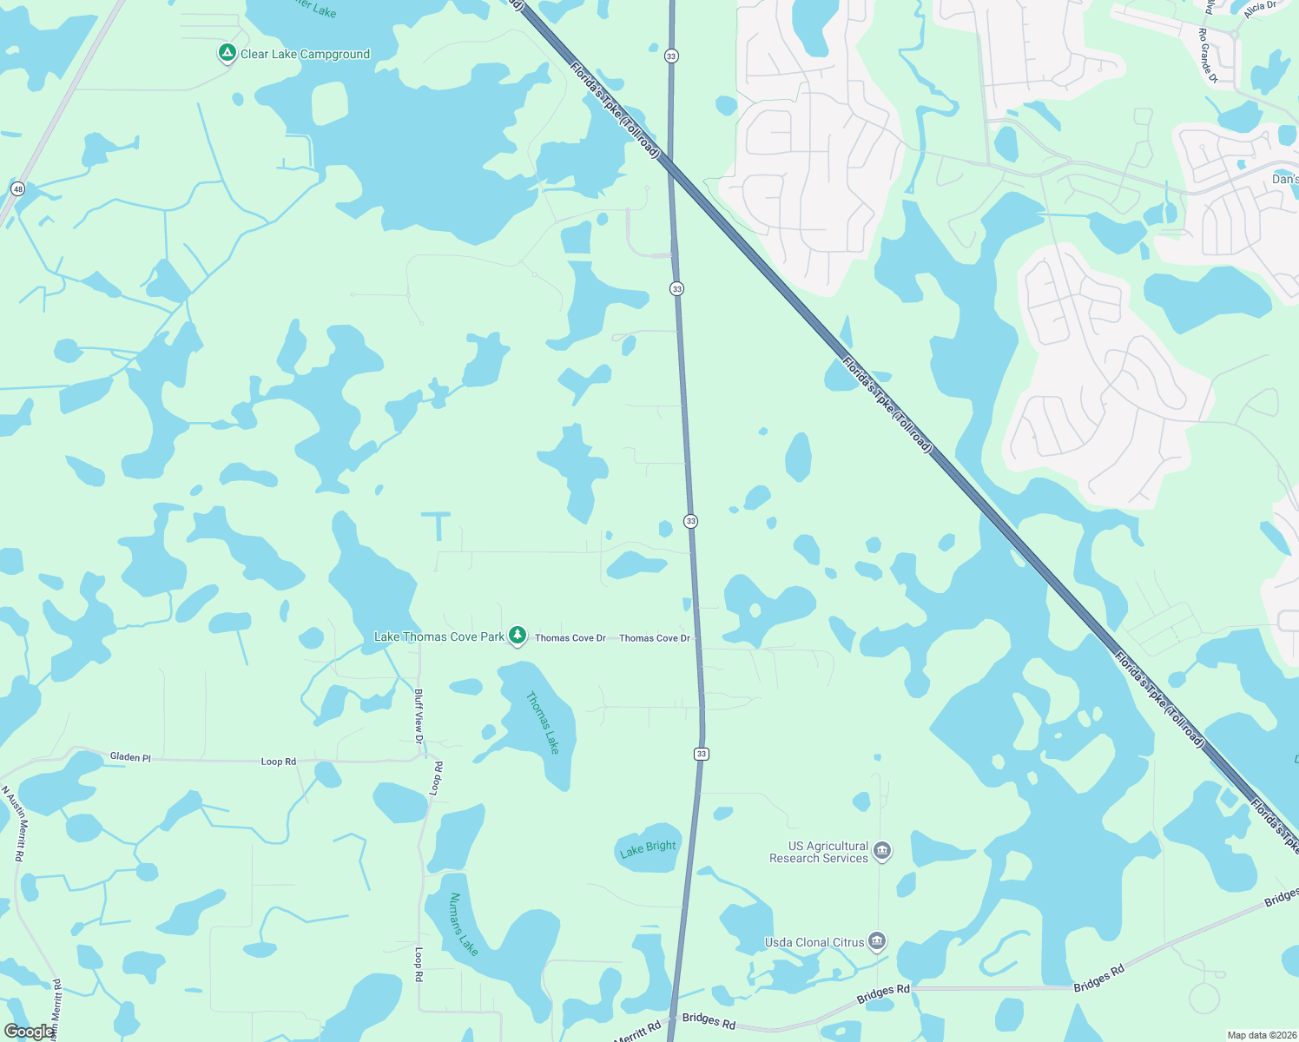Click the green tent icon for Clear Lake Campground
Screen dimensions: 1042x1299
(x=227, y=54)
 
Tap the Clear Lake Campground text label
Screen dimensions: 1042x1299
(x=305, y=54)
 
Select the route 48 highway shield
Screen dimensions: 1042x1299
(x=18, y=188)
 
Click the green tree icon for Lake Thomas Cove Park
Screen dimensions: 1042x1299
(x=518, y=636)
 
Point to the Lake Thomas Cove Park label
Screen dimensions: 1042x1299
(x=438, y=636)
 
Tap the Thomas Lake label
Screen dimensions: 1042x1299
(x=544, y=722)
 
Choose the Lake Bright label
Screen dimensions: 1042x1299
(x=648, y=848)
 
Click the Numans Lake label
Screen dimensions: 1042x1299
(x=464, y=924)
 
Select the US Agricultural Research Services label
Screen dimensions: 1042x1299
(x=818, y=852)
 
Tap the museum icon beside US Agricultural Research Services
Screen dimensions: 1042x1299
(x=882, y=851)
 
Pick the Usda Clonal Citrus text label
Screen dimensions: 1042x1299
(x=814, y=942)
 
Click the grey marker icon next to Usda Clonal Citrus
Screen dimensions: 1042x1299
(x=877, y=941)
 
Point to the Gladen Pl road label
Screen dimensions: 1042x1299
(x=130, y=757)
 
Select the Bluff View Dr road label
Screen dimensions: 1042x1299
(x=419, y=716)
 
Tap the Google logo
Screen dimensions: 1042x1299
(x=30, y=1032)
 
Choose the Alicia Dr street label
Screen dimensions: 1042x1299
(x=1259, y=10)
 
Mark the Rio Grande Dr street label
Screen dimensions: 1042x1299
(x=1208, y=56)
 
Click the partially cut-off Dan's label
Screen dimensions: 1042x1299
(x=1285, y=179)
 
